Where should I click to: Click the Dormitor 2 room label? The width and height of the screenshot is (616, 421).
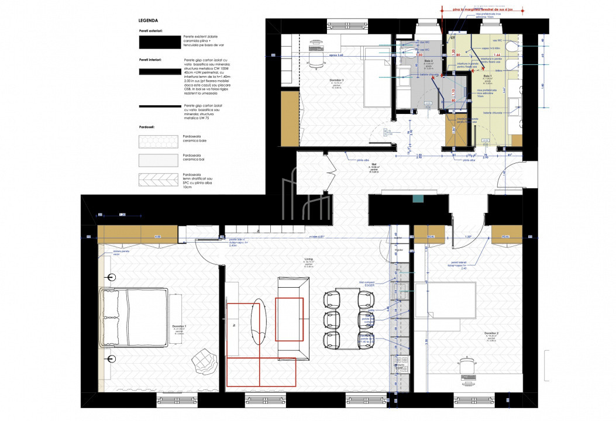tap(491, 334)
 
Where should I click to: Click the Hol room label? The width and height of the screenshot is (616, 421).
tap(373, 165)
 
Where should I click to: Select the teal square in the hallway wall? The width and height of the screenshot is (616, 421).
tap(418, 199)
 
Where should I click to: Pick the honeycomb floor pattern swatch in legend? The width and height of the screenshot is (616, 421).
tap(157, 142)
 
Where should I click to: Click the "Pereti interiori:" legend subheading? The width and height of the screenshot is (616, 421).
tap(151, 60)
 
